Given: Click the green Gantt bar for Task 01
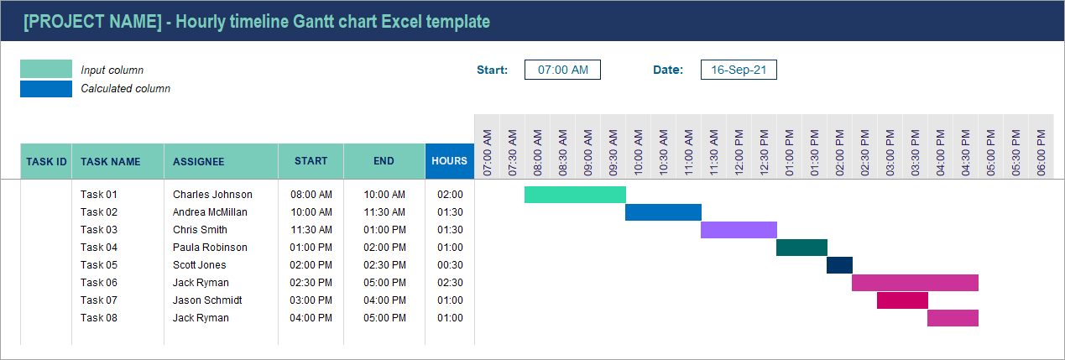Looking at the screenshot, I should click(x=575, y=195).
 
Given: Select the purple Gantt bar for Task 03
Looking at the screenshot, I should click(x=739, y=230).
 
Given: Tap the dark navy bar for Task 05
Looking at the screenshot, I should click(x=839, y=265).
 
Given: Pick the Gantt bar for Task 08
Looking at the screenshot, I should click(x=953, y=318).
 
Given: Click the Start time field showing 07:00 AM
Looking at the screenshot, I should click(x=562, y=70).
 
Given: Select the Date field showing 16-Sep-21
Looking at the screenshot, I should click(x=739, y=70).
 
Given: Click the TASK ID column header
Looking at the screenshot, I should click(x=46, y=161).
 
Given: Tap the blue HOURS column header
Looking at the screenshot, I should click(x=450, y=161).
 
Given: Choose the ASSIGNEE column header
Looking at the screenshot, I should click(x=198, y=161).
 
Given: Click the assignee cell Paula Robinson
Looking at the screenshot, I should click(x=210, y=248).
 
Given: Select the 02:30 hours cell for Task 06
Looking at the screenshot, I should click(x=450, y=283).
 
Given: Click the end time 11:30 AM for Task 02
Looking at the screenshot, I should click(x=384, y=212).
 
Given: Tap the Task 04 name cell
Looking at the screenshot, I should click(x=99, y=248).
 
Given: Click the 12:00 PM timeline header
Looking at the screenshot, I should click(x=739, y=152).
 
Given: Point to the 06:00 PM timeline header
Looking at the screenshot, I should click(x=1042, y=152).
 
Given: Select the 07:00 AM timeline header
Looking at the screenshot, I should click(x=488, y=152).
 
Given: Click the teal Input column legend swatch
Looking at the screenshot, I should click(x=46, y=69).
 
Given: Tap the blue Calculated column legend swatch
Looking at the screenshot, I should click(x=46, y=88).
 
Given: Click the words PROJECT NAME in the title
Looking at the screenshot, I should click(x=92, y=22).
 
